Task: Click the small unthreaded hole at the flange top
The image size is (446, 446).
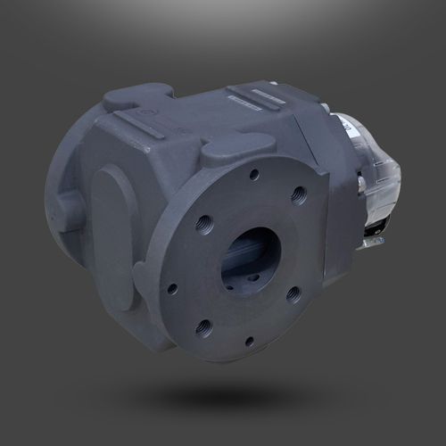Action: (x=255, y=175)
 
